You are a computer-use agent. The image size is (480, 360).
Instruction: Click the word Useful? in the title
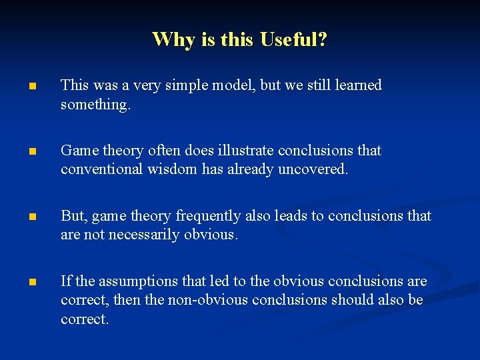[293, 39]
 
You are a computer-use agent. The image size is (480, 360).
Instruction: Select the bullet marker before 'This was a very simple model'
[32, 87]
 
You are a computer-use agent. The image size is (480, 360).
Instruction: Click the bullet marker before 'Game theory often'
[32, 152]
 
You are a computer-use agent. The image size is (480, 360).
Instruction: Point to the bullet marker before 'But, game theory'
[32, 217]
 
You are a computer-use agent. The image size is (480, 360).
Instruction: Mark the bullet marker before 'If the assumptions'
[32, 283]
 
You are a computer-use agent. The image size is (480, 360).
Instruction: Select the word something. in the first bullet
[94, 105]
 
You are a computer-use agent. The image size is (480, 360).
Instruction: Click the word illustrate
[242, 151]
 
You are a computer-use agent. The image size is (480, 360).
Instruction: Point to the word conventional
[99, 169]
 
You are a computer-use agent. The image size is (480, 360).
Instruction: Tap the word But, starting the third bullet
[74, 216]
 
